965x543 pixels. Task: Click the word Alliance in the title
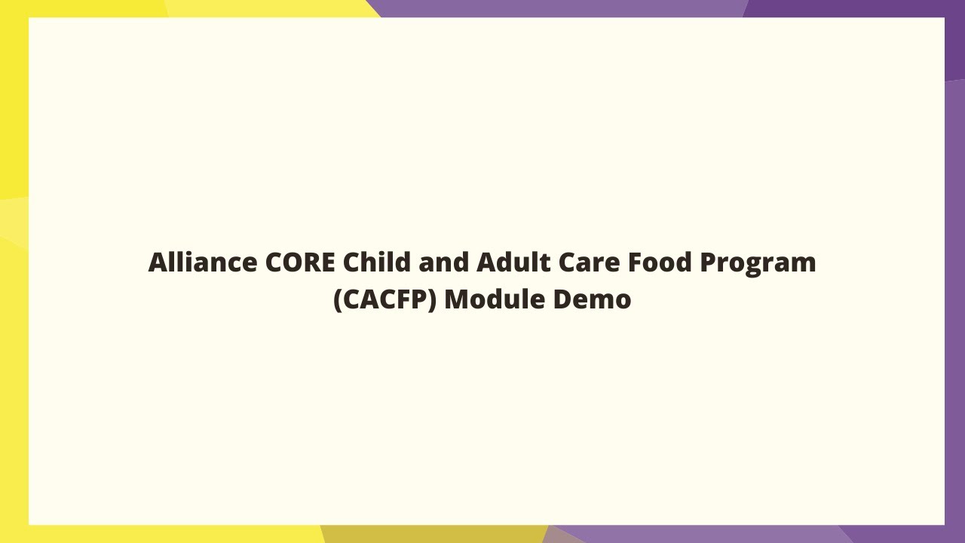pyautogui.click(x=202, y=262)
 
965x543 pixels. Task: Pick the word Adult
pyautogui.click(x=513, y=262)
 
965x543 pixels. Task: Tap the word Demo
pyautogui.click(x=592, y=299)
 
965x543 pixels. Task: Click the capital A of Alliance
pyautogui.click(x=157, y=262)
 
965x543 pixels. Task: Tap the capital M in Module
pyautogui.click(x=457, y=299)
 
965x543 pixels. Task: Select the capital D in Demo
pyautogui.click(x=562, y=299)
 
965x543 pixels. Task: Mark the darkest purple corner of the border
pyautogui.click(x=954, y=38)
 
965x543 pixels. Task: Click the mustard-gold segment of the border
pyautogui.click(x=433, y=534)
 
